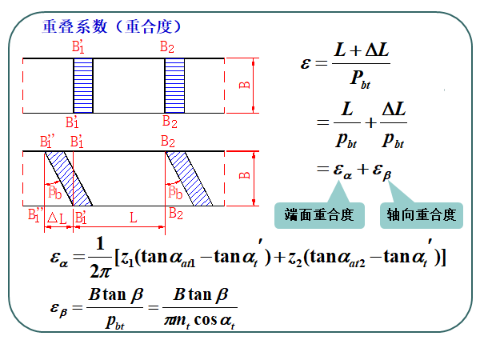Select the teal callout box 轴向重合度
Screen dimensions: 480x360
tap(421, 214)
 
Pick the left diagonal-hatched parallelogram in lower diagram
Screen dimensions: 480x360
tap(68, 178)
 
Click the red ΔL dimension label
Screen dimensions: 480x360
tap(57, 218)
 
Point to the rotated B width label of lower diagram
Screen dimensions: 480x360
tap(245, 174)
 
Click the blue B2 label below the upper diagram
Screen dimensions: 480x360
tap(170, 122)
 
